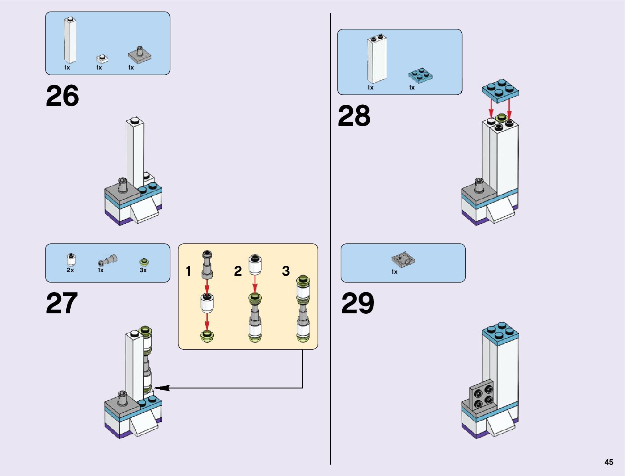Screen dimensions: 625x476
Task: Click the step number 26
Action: coord(62,96)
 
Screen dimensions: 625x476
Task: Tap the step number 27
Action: coord(62,304)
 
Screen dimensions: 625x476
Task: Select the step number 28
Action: coord(354,116)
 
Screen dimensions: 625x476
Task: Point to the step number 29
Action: coord(357,304)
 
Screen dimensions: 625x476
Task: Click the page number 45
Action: coord(609,462)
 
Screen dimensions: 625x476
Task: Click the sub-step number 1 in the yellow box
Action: coord(188,271)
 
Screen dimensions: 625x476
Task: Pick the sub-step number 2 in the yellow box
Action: coord(238,271)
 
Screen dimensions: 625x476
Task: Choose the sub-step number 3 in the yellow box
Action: coord(286,271)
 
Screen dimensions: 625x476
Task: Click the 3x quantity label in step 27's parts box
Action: coord(143,271)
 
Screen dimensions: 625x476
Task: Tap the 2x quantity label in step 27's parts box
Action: coord(70,271)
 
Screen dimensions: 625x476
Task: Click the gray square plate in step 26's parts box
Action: coord(140,56)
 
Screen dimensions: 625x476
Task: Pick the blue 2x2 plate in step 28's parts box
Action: coord(421,75)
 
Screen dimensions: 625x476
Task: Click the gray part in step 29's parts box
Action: coord(403,260)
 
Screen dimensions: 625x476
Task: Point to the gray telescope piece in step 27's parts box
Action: coord(107,261)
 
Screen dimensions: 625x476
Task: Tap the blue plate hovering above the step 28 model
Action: coord(500,89)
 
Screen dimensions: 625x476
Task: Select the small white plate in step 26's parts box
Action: coord(102,59)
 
